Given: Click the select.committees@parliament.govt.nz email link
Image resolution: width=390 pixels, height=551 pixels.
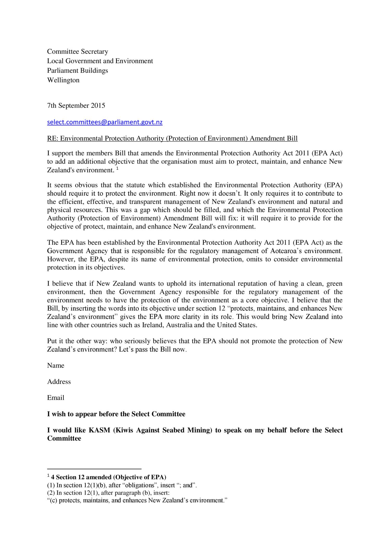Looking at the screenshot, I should click(105, 122).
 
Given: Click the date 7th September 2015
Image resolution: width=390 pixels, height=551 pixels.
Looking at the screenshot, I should click(76, 105).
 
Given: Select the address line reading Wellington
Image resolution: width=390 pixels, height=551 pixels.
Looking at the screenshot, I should click(63, 80).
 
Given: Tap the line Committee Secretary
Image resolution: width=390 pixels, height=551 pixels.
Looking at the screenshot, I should click(77, 51).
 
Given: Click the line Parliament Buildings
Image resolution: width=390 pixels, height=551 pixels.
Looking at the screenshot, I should click(77, 70).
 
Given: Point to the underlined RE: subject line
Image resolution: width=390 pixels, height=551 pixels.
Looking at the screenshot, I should click(172, 138).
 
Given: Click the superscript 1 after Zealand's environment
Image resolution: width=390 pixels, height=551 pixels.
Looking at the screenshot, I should click(117, 169).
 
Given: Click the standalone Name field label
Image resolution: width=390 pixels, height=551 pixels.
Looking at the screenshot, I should click(56, 365).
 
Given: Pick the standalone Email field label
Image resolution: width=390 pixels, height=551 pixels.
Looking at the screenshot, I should click(56, 397).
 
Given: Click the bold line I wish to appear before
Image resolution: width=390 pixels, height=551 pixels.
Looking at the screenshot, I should click(116, 414).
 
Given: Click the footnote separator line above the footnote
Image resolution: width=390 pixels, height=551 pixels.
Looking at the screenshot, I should click(94, 469).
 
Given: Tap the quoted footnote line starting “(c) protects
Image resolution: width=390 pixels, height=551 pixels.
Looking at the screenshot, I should click(137, 500).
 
